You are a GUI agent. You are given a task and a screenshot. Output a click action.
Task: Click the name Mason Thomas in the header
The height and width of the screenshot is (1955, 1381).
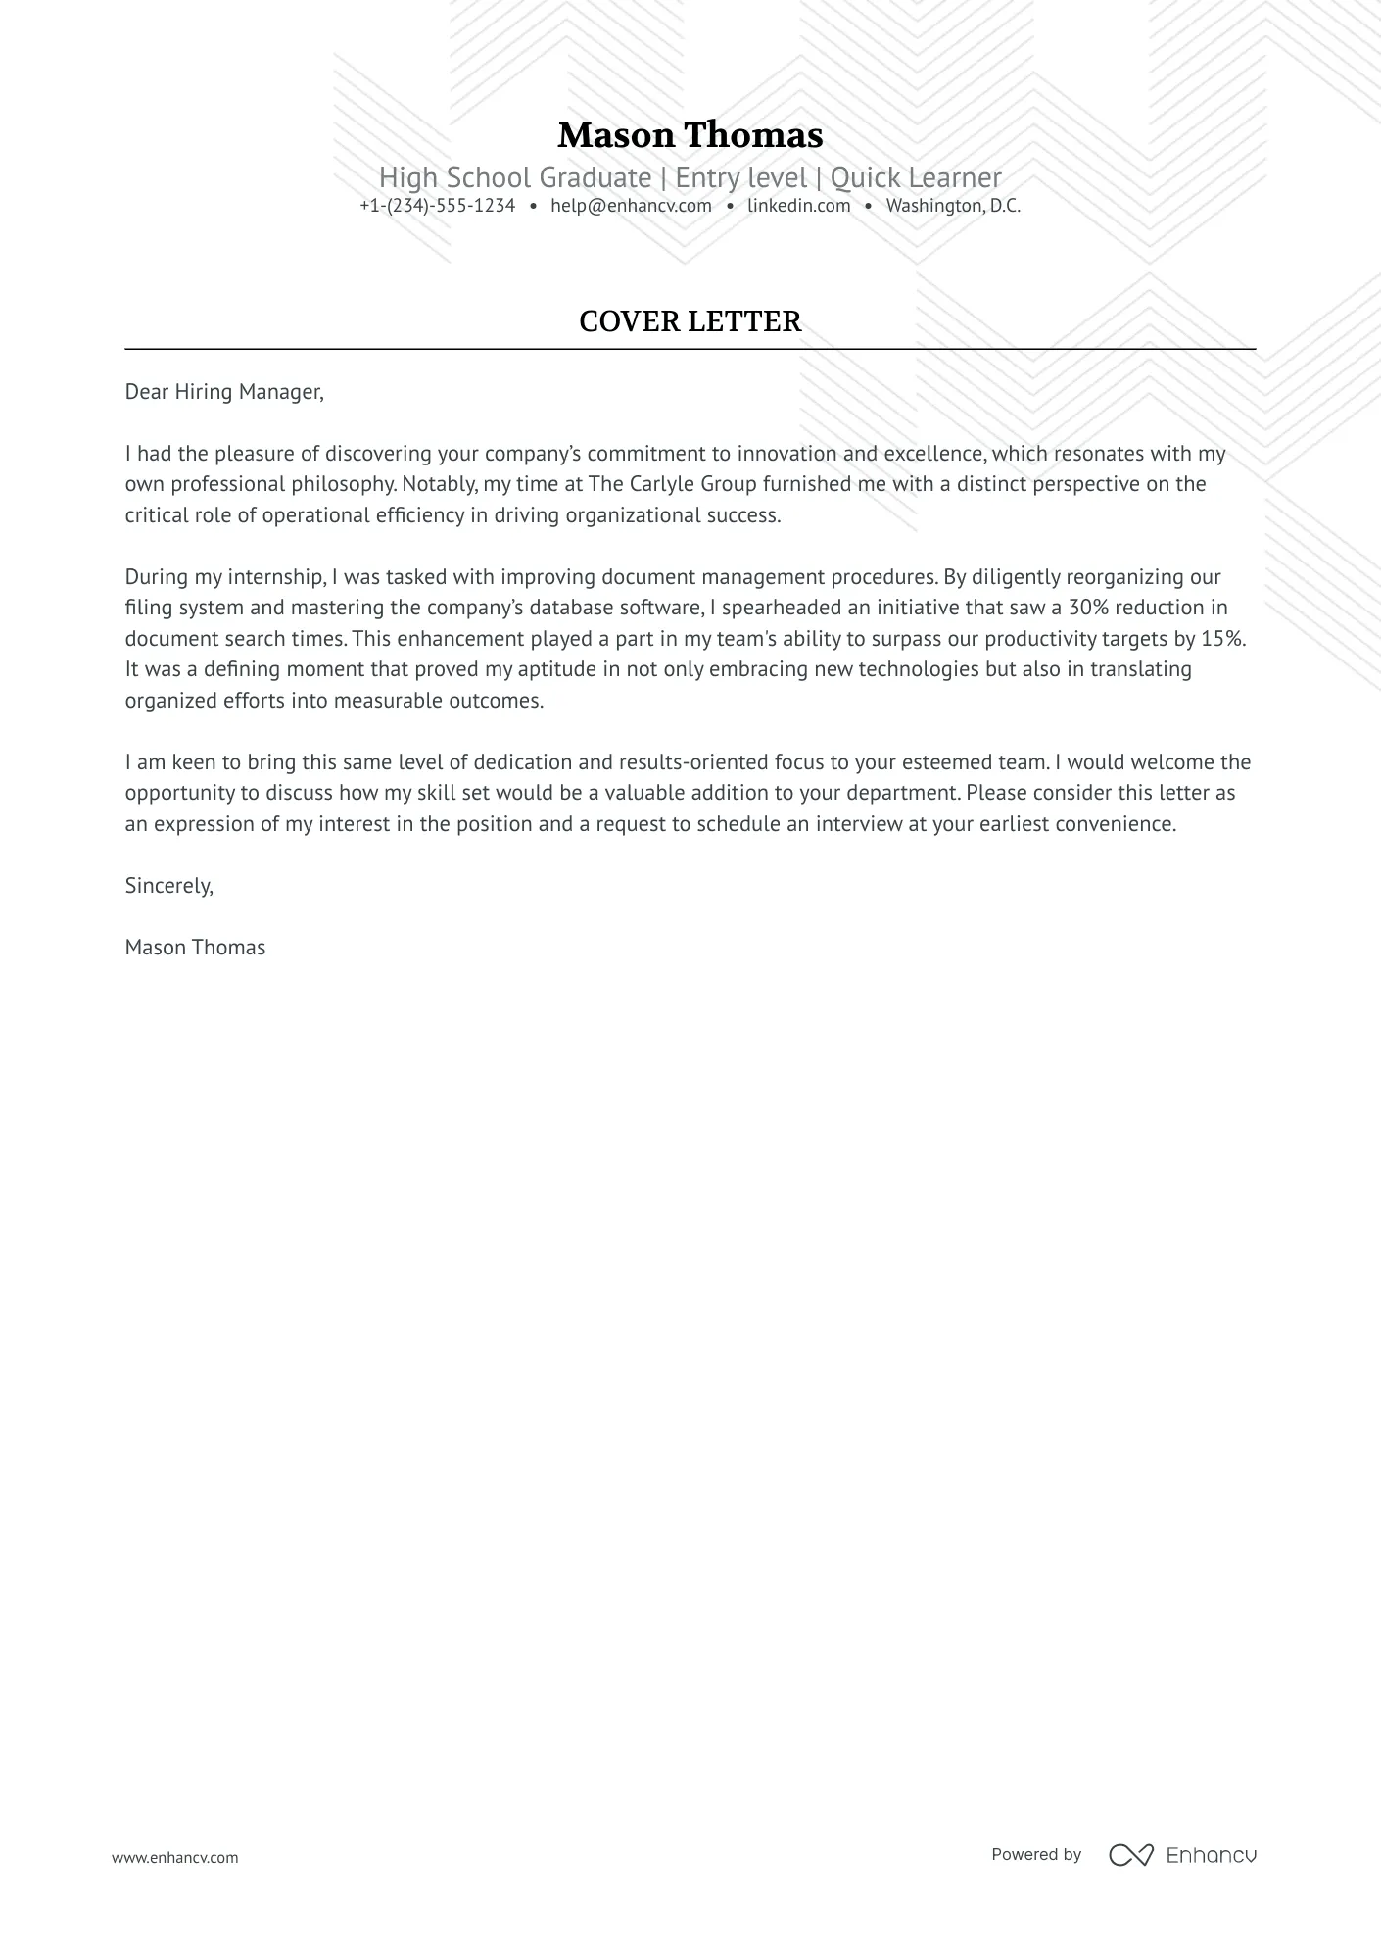690,135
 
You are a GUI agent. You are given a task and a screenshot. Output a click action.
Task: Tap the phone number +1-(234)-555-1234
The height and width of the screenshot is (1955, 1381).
437,206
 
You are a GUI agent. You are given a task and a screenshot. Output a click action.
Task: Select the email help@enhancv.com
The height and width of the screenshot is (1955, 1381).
631,206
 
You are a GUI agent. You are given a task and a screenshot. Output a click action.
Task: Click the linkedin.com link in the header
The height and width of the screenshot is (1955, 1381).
798,206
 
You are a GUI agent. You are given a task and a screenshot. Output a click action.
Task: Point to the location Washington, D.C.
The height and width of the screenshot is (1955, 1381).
953,206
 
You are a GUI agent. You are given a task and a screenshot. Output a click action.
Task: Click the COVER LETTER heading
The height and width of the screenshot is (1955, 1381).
690,321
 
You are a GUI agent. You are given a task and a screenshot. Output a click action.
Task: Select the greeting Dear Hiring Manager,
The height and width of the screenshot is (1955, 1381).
224,392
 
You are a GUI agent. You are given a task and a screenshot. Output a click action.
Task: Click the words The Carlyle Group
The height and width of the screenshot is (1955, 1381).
672,484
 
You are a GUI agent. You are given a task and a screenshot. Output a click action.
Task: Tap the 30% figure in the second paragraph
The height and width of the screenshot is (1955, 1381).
1088,608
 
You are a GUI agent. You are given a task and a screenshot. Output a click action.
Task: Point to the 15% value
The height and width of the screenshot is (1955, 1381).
1221,639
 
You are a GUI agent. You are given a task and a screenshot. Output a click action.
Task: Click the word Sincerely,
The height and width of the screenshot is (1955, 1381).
168,886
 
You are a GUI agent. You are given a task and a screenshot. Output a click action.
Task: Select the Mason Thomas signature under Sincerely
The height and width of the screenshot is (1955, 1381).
195,948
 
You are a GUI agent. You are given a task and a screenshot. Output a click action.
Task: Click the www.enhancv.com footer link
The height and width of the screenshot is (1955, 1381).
175,1857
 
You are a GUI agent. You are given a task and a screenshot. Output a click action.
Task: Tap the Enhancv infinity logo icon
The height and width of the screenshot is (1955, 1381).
1130,1855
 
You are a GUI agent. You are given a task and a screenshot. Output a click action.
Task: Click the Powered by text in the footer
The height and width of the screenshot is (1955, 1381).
1036,1854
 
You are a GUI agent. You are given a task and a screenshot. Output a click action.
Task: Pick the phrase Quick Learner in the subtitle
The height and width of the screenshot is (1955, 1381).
916,177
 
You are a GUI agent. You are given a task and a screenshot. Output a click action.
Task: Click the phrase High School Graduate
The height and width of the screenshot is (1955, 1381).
515,177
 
